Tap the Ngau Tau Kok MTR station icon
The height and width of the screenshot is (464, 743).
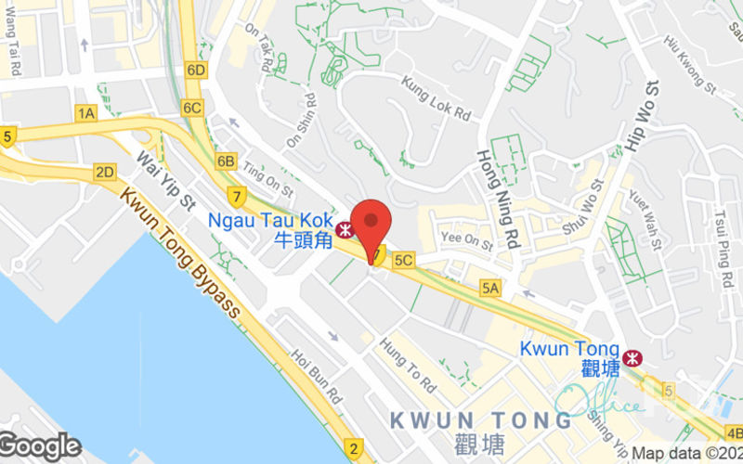point(345,226)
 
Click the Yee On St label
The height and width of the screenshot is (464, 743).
point(466,241)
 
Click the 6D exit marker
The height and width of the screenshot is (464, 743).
point(195,70)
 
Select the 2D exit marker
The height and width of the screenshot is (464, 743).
point(104,172)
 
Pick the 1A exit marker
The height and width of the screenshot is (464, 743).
point(86,113)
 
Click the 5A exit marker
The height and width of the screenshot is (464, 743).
point(489,289)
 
